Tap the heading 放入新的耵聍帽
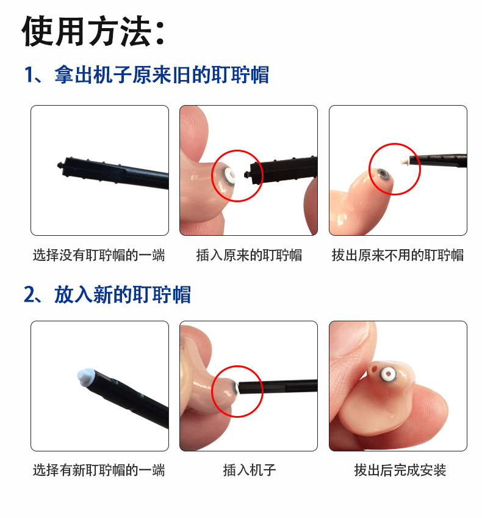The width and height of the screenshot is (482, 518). tap(123, 294)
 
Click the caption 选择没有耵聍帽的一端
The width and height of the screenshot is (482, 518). tap(99, 255)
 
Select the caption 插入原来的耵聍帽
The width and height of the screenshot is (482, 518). tap(248, 255)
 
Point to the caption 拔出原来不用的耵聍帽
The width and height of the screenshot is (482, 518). tap(397, 255)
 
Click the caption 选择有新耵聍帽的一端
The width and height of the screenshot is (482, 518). tap(99, 470)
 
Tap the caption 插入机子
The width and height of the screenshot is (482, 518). tap(249, 470)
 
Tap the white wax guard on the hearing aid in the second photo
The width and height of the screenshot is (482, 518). tap(228, 176)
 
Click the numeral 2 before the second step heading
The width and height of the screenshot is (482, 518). tap(30, 294)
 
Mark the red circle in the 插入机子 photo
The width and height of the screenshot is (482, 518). tap(237, 392)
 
